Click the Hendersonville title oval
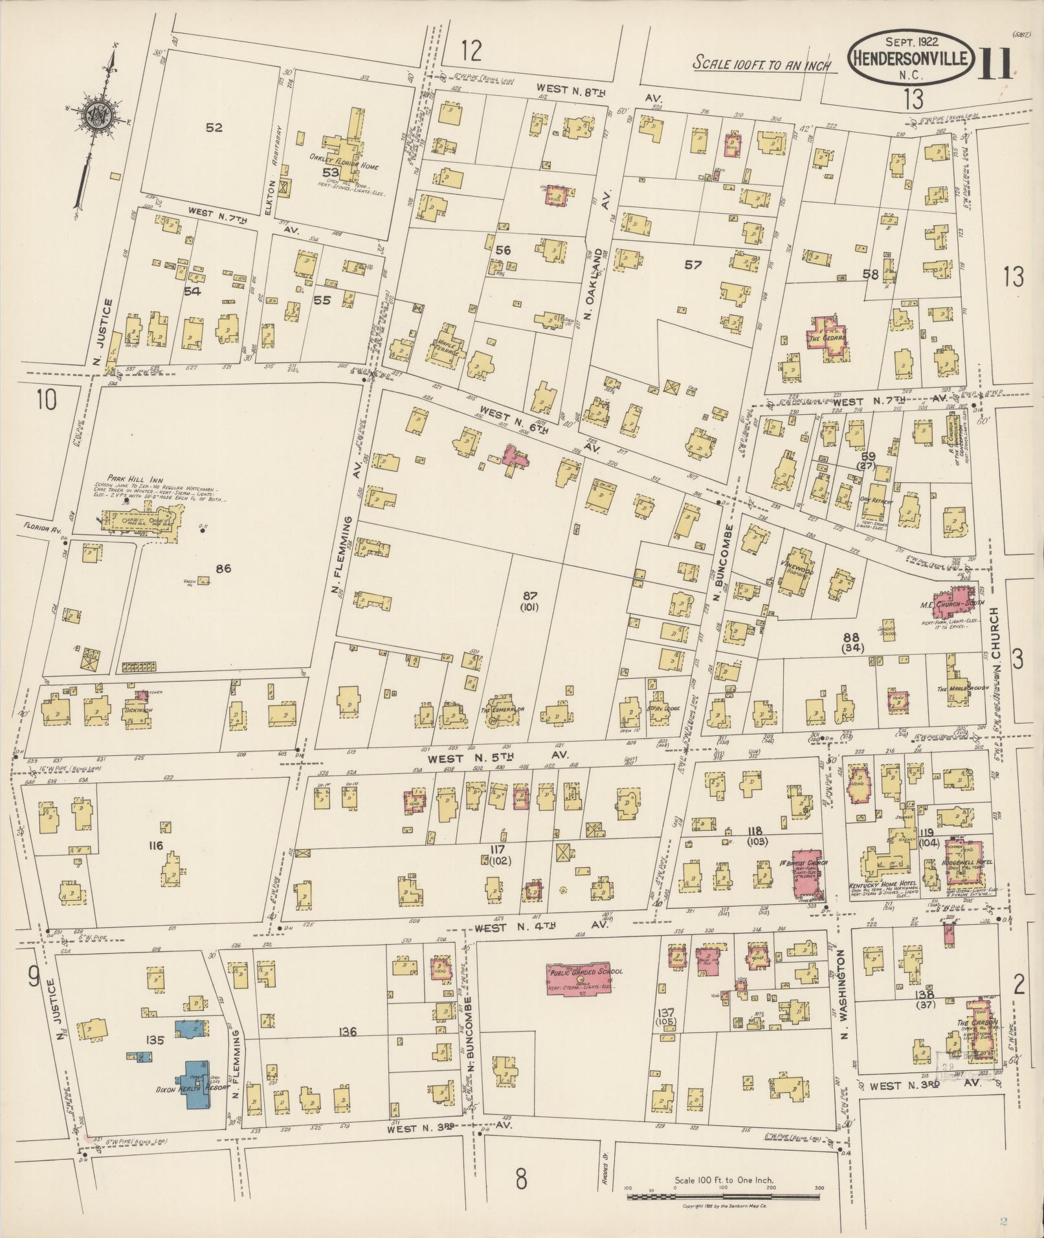point(911,59)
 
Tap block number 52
point(214,127)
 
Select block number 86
point(223,569)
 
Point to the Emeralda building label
point(502,709)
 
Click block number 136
point(348,1032)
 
